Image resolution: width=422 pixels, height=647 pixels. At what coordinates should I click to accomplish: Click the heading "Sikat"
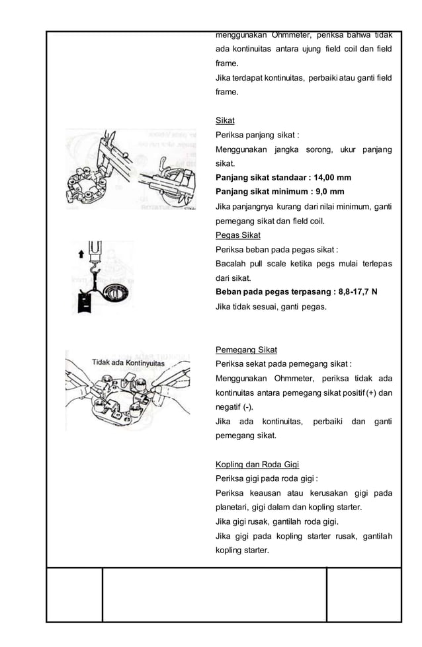pyautogui.click(x=225, y=120)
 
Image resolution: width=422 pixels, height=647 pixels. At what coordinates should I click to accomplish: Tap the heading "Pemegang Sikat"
pyautogui.click(x=246, y=350)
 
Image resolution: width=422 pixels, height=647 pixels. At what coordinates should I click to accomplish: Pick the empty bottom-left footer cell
pyautogui.click(x=74, y=594)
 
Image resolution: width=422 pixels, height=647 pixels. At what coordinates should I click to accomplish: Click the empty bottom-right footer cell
pyautogui.click(x=364, y=594)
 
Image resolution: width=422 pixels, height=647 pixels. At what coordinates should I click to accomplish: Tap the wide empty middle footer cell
pyautogui.click(x=214, y=594)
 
